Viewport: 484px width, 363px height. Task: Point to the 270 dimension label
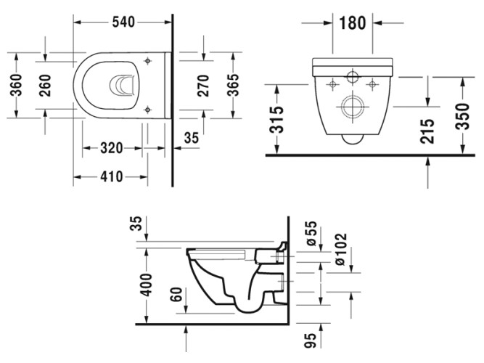[x=207, y=85]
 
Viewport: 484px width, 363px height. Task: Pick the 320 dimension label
[x=110, y=148]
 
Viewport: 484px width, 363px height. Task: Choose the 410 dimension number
[x=110, y=176]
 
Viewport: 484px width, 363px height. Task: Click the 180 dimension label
[x=352, y=22]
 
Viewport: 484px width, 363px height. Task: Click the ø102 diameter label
[x=341, y=248]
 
